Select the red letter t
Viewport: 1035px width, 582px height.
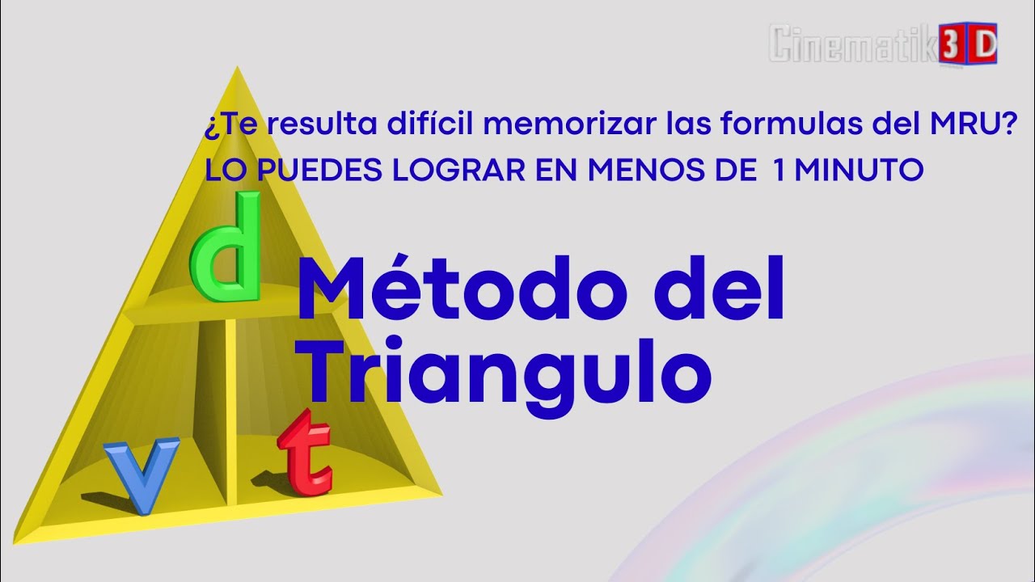(305, 454)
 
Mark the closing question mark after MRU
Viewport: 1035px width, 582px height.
(1009, 124)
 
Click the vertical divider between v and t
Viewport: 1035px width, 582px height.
(231, 412)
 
